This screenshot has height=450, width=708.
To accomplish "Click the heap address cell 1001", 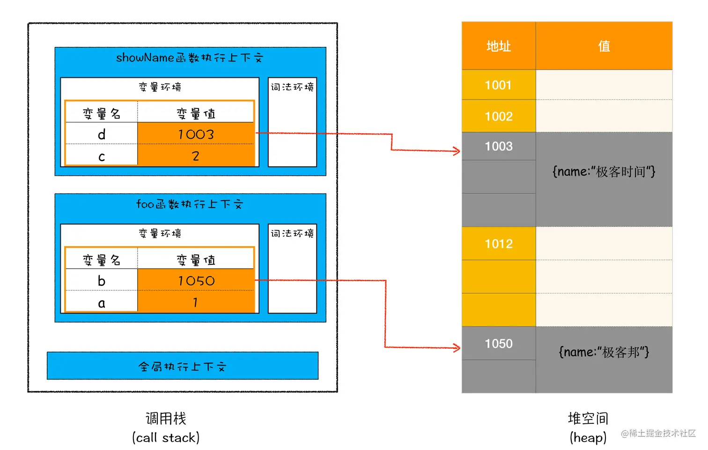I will tap(498, 85).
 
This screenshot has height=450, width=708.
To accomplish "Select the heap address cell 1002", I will tap(498, 116).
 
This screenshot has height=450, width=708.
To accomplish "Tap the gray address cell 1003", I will tap(498, 146).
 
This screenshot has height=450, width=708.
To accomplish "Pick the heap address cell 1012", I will tap(498, 244).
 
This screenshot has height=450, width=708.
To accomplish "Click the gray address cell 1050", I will tap(498, 344).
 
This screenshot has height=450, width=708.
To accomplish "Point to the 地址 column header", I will tap(498, 46).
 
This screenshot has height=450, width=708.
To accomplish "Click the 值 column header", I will tap(604, 46).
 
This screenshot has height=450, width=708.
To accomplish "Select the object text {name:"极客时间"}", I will tap(604, 172).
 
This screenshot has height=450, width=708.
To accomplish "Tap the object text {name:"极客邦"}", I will tap(604, 352).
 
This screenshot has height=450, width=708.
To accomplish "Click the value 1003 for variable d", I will tap(196, 135).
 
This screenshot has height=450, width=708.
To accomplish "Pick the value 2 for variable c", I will tap(196, 156).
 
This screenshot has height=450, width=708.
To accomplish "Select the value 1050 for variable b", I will tap(196, 281).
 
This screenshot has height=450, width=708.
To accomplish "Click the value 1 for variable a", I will tap(196, 303).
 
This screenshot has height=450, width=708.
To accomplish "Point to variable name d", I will tap(102, 135).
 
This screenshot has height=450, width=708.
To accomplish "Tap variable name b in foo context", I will tap(102, 281).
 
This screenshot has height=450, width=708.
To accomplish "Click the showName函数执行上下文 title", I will tap(190, 58).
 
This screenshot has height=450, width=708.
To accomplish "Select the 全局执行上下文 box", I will tap(183, 366).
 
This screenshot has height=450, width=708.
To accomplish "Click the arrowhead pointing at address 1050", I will tap(456, 347).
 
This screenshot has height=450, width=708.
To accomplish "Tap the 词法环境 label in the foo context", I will tap(292, 233).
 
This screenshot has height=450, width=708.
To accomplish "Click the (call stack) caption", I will tap(166, 438).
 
